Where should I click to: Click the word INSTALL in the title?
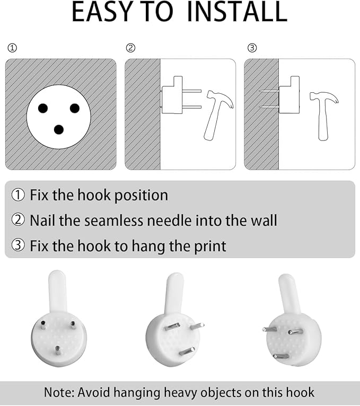(237, 12)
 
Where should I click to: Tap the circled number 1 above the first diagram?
(12, 48)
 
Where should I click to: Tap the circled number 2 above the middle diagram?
(130, 48)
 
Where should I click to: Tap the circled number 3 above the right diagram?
(252, 48)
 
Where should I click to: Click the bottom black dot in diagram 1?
(59, 129)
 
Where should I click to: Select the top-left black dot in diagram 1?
(43, 108)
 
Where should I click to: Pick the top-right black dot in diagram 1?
(75, 108)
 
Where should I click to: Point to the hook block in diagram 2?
(172, 95)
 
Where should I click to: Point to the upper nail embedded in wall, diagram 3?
(269, 91)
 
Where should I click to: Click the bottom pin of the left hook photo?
(57, 351)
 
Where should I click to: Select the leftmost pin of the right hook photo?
(270, 329)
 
